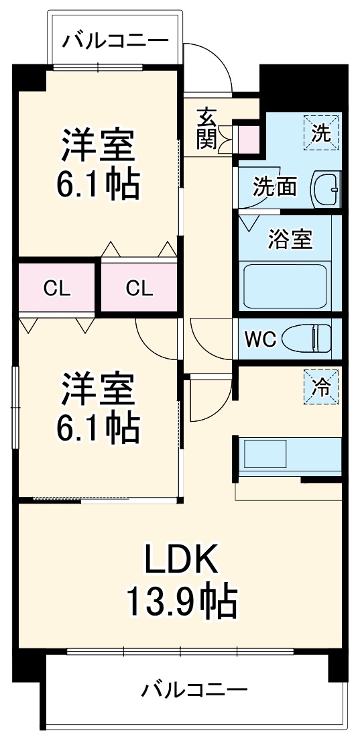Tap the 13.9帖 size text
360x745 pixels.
[182, 602]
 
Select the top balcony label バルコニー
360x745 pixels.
[115, 42]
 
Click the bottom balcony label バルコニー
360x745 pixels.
[195, 689]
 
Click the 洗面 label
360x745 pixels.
[274, 187]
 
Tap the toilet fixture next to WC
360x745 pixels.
[307, 339]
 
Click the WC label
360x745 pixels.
[259, 339]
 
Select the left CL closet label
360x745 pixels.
[57, 288]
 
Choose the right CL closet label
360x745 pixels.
[139, 288]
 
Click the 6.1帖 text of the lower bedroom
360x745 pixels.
[99, 427]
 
